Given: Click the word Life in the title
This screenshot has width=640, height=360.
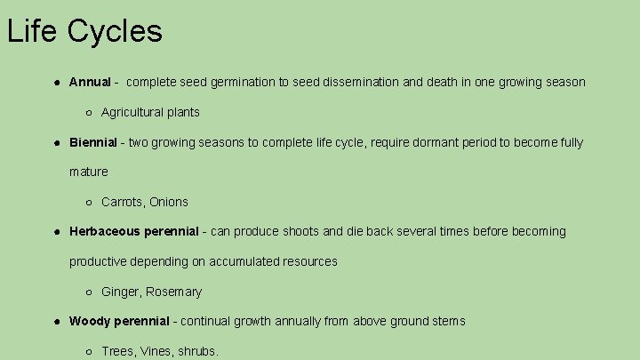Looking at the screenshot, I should (33, 32).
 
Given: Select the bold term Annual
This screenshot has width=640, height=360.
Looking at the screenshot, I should (90, 83).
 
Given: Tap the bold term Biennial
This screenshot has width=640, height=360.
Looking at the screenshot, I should (92, 142).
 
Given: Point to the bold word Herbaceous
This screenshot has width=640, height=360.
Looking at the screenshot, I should (105, 232).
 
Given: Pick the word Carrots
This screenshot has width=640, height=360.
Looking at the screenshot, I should (123, 202).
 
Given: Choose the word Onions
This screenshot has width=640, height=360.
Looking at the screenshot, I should (169, 202).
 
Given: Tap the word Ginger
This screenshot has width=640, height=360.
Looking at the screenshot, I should (121, 292).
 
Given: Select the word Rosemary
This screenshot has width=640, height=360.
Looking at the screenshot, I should (174, 292).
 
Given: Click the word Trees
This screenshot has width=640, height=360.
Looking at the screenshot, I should (117, 352).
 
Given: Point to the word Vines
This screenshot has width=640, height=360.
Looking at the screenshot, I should (156, 352).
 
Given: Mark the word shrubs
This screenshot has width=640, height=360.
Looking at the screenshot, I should (198, 352).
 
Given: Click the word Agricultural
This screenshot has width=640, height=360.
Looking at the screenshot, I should (131, 112).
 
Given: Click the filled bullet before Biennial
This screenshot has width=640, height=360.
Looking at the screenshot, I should (57, 142).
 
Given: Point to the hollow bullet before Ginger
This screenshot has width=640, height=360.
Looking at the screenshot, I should (90, 292).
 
